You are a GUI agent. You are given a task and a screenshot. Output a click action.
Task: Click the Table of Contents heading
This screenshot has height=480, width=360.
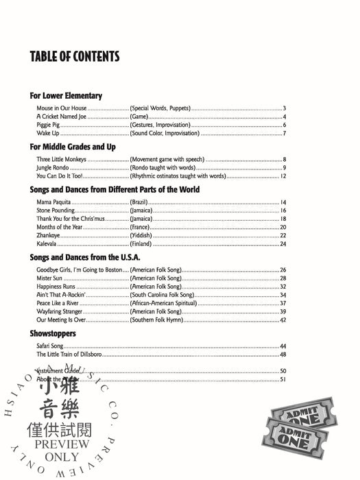pyautogui.click(x=75, y=56)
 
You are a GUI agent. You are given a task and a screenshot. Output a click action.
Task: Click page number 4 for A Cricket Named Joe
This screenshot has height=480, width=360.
pyautogui.click(x=284, y=117)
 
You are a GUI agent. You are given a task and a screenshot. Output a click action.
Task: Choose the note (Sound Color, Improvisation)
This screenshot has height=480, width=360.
pyautogui.click(x=161, y=133)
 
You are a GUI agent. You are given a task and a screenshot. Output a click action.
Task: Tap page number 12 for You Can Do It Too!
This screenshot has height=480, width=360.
pyautogui.click(x=283, y=176)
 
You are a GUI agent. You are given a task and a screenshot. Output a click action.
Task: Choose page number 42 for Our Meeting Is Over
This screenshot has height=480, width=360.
pyautogui.click(x=283, y=320)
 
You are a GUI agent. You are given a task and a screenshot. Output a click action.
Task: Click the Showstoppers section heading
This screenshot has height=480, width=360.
pyautogui.click(x=53, y=333)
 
